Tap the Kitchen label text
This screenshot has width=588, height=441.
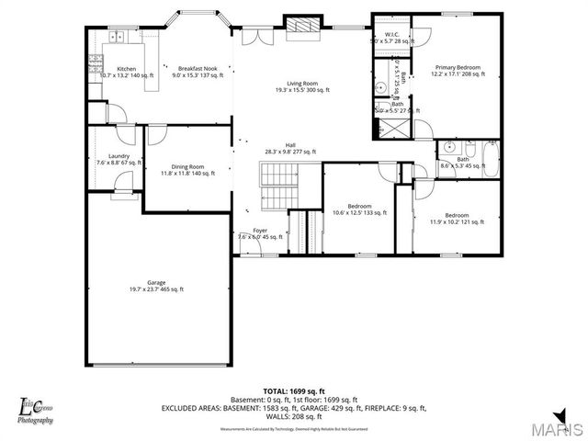tap(126, 72)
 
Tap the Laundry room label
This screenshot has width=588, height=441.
tap(119, 159)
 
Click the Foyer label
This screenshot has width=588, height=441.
tap(260, 233)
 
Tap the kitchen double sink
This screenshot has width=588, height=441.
tap(117, 38)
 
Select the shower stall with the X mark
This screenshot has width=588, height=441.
tap(393, 128)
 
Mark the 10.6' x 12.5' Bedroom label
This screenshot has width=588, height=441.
tap(359, 209)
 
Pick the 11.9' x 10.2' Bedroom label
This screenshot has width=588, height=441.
tap(457, 218)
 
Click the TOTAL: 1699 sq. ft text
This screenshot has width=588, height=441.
tap(294, 390)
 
